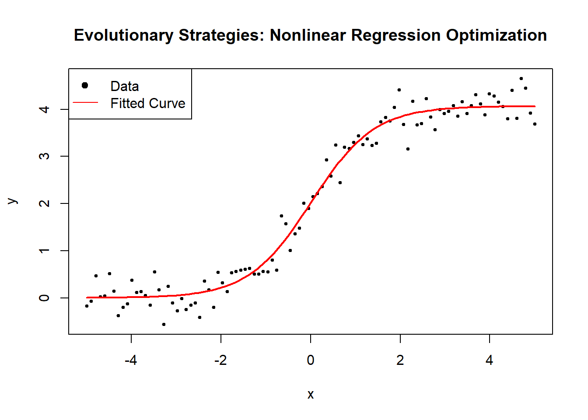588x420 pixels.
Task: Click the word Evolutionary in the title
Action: (x=123, y=35)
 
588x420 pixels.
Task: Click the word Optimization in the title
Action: (x=496, y=35)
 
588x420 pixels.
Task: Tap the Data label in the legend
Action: (x=125, y=86)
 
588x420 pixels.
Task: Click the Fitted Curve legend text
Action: (x=148, y=103)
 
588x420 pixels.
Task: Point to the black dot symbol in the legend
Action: (x=85, y=85)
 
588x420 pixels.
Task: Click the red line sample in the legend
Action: (x=85, y=103)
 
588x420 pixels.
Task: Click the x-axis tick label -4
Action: (x=131, y=360)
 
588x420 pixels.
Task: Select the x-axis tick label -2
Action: (x=220, y=360)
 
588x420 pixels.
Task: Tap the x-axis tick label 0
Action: (x=310, y=360)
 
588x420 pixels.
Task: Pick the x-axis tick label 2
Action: (x=400, y=360)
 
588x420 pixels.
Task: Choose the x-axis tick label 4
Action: (x=489, y=360)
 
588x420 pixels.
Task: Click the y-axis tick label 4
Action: (x=44, y=109)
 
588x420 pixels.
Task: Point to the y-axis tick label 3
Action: (x=44, y=156)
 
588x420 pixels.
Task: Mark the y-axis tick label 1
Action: (x=44, y=251)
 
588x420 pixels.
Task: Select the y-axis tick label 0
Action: (x=44, y=298)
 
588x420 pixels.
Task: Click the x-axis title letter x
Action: (x=310, y=395)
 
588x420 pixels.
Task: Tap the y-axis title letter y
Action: (x=13, y=201)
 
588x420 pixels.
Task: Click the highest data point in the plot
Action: (x=521, y=79)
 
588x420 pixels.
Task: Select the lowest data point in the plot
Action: (x=164, y=324)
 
